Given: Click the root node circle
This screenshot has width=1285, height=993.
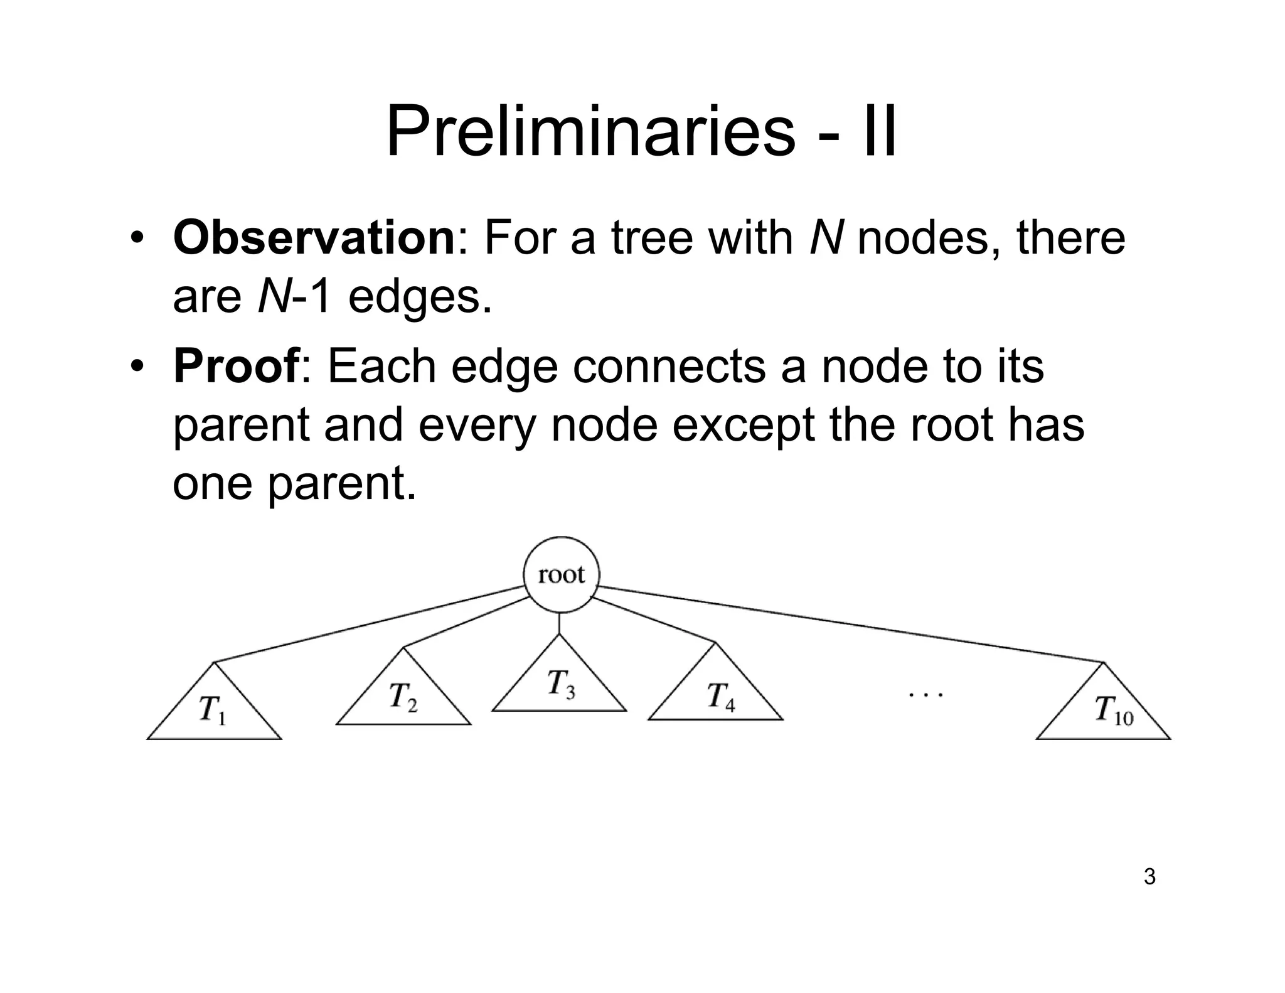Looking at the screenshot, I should tap(562, 574).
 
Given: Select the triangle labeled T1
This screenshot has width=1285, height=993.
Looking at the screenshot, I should tap(214, 712).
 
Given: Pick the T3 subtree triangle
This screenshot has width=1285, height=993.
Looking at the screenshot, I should tap(559, 684).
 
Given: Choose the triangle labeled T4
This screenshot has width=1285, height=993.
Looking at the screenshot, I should tap(716, 694).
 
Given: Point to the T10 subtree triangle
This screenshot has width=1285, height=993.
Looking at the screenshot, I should tap(1104, 712).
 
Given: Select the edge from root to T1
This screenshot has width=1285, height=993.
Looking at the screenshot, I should tap(370, 624).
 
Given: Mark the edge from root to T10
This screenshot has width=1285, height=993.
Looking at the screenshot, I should tap(850, 624).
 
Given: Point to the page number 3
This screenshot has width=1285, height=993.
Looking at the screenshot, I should tap(1149, 877).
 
